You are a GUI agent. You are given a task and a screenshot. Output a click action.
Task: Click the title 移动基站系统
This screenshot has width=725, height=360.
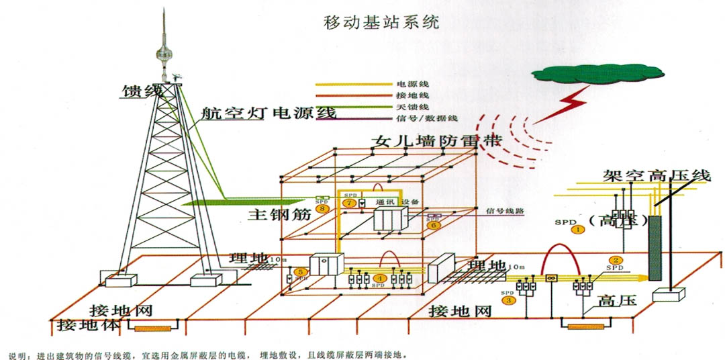pos(381,21)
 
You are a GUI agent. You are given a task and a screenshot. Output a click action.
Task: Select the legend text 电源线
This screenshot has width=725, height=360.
pos(411,85)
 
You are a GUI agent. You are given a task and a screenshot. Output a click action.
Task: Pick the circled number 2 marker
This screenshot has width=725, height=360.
pos(614,261)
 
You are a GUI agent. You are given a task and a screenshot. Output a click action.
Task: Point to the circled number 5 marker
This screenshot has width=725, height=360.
pos(301,271)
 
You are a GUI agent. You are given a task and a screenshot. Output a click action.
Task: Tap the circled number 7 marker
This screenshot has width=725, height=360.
pos(348,203)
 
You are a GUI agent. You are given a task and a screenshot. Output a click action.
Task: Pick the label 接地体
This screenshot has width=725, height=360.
pos(88,326)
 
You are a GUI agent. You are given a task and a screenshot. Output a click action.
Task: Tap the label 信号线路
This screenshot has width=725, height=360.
pos(504,210)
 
